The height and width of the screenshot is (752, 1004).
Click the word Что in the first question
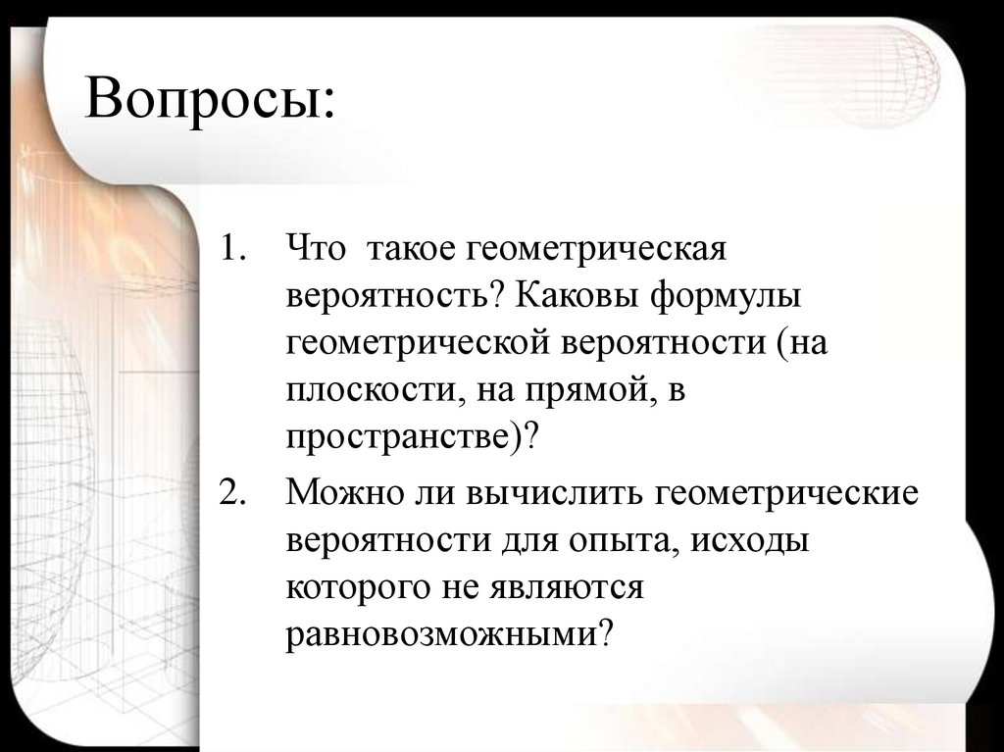pos(316,248)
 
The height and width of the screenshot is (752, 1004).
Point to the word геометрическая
pos(593,248)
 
